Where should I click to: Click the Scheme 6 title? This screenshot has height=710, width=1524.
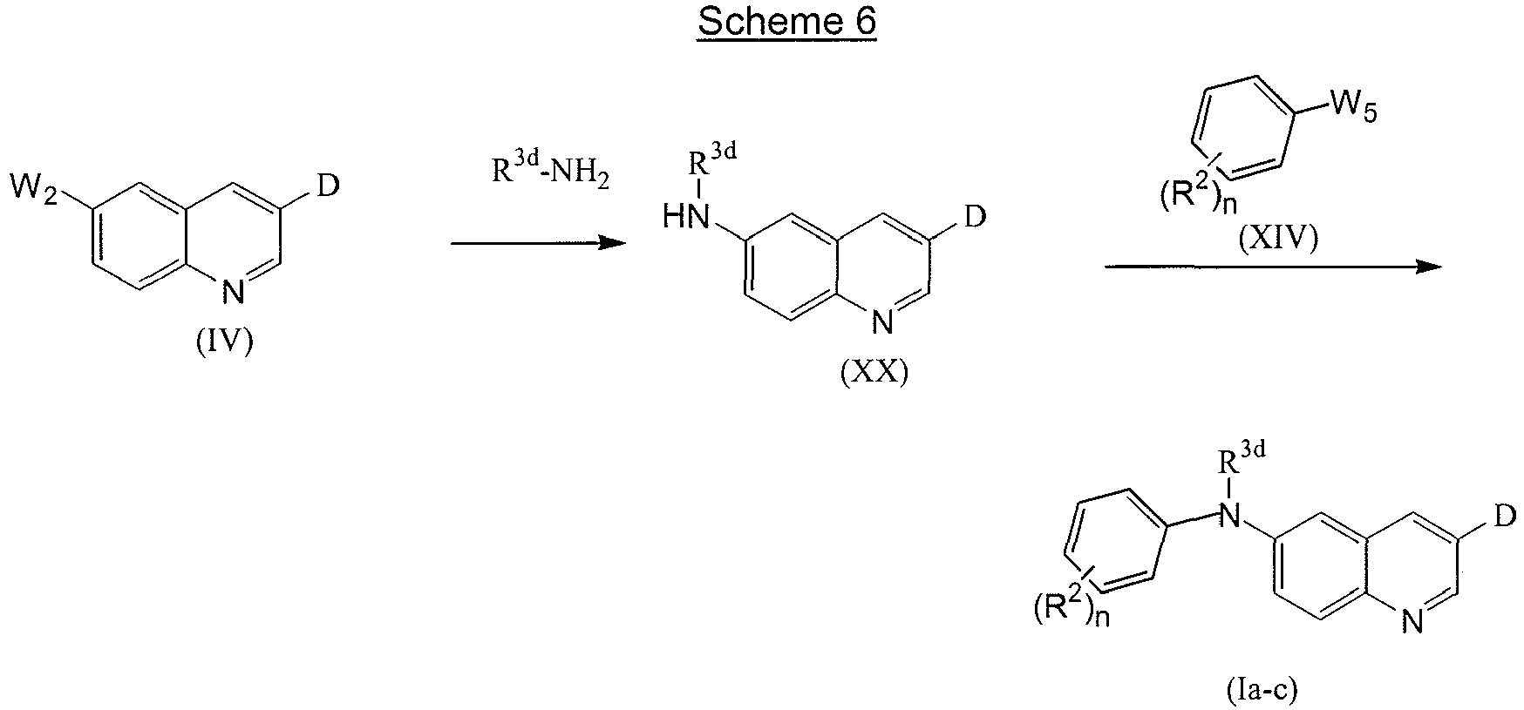tap(786, 23)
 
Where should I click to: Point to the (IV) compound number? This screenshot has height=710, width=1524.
tap(224, 342)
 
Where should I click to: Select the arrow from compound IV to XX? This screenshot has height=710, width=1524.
tap(538, 243)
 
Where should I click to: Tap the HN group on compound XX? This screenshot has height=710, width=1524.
tap(686, 216)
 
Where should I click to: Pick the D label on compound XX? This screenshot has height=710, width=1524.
tap(976, 215)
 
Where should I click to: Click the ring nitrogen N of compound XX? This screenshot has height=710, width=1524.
tap(882, 323)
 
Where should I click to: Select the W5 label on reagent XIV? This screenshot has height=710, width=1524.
tap(1352, 110)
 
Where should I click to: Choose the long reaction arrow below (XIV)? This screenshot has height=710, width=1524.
tap(1274, 267)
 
